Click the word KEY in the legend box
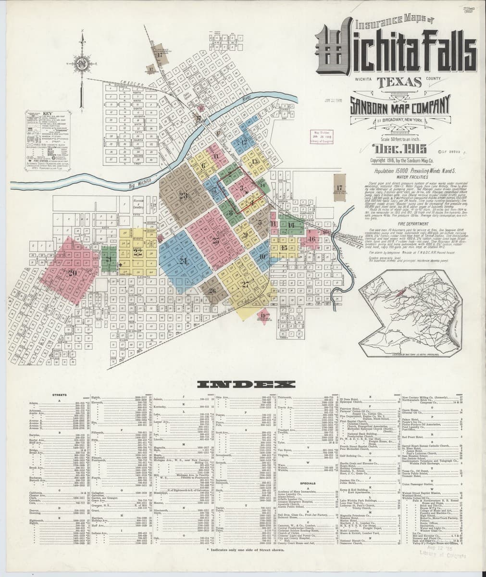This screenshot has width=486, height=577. tap(47, 114)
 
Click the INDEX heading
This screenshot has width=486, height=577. tap(246, 384)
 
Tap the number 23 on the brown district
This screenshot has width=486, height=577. tap(183, 195)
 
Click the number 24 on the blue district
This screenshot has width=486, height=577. tap(183, 261)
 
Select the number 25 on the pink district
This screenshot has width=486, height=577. tap(216, 241)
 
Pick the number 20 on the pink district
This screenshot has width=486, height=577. tap(73, 273)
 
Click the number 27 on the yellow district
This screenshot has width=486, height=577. tap(246, 284)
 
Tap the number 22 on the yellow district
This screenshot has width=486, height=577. tap(138, 251)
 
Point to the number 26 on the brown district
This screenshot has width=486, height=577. tap(212, 290)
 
